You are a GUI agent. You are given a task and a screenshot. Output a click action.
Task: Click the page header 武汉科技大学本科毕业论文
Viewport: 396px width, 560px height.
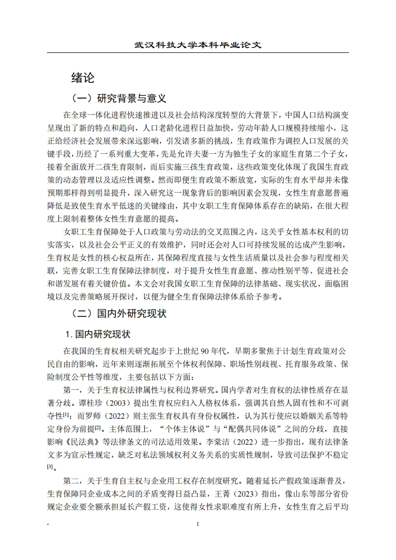tap(198, 45)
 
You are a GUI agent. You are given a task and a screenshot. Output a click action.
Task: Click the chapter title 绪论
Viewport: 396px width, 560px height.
tap(83, 77)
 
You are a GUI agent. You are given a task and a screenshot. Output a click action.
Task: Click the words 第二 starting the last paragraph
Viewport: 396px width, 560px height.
tap(72, 480)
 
